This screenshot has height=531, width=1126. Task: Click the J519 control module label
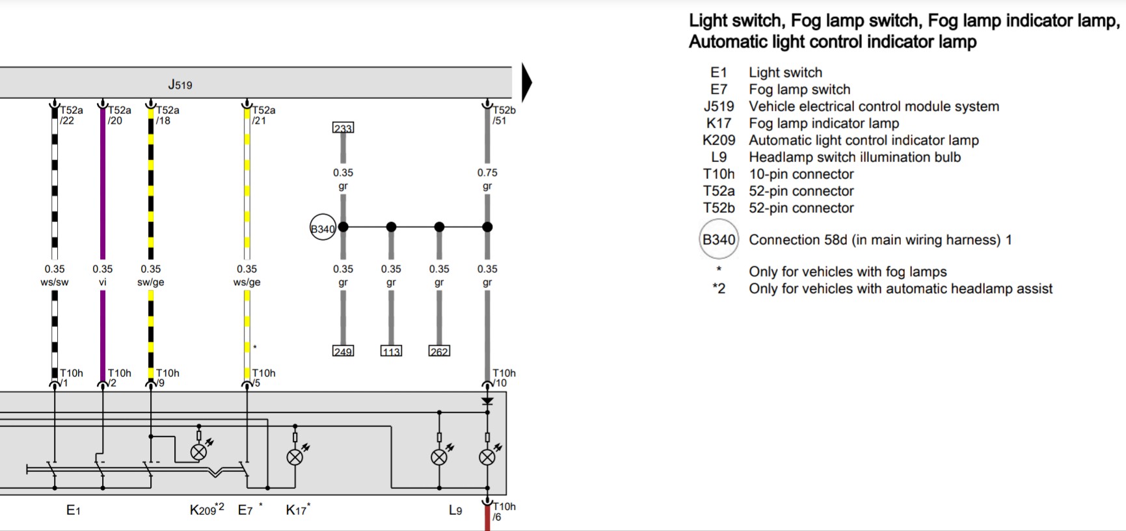[180, 85]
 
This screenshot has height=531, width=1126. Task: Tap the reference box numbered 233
[343, 128]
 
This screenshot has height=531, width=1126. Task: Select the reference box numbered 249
[343, 351]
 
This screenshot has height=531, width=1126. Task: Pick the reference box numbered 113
[391, 351]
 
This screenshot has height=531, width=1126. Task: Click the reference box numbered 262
[439, 351]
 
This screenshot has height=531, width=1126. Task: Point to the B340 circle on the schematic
[323, 228]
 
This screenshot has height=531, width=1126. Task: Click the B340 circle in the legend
[719, 239]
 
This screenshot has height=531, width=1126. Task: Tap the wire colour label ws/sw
[55, 282]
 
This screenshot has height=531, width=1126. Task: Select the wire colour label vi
[103, 282]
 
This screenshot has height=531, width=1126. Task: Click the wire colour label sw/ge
[151, 282]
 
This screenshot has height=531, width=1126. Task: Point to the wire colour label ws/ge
[247, 282]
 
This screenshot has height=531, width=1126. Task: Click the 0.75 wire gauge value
[487, 172]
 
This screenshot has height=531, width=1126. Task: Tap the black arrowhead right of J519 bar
[527, 83]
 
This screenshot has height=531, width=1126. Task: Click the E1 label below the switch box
[74, 510]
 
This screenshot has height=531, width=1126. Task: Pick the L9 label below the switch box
[455, 510]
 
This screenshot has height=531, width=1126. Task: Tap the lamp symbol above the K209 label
[198, 452]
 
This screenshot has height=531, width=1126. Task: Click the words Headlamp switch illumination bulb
[854, 157]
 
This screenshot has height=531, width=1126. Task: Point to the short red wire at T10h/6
[487, 518]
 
